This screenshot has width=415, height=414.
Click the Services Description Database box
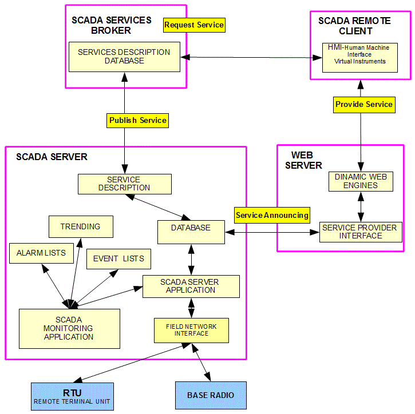click(x=124, y=56)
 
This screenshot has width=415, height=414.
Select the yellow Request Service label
click(x=194, y=25)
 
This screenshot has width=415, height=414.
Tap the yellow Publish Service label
click(x=137, y=120)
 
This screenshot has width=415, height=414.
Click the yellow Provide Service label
click(x=364, y=104)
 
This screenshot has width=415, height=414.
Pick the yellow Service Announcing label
click(x=272, y=215)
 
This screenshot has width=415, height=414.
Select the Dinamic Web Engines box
click(x=361, y=181)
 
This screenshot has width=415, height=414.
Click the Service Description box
click(x=124, y=184)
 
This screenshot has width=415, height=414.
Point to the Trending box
click(x=81, y=226)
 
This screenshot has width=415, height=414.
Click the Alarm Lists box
click(x=41, y=253)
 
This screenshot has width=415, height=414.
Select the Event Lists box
click(x=118, y=258)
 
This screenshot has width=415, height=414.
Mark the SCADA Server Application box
click(x=191, y=286)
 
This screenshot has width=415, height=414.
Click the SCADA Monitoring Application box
click(x=69, y=328)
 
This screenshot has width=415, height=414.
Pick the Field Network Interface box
click(x=191, y=330)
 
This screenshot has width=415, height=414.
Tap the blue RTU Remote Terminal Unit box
click(x=72, y=396)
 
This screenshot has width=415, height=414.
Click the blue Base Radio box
click(x=210, y=395)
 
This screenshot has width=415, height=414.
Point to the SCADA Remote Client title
click(x=354, y=25)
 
